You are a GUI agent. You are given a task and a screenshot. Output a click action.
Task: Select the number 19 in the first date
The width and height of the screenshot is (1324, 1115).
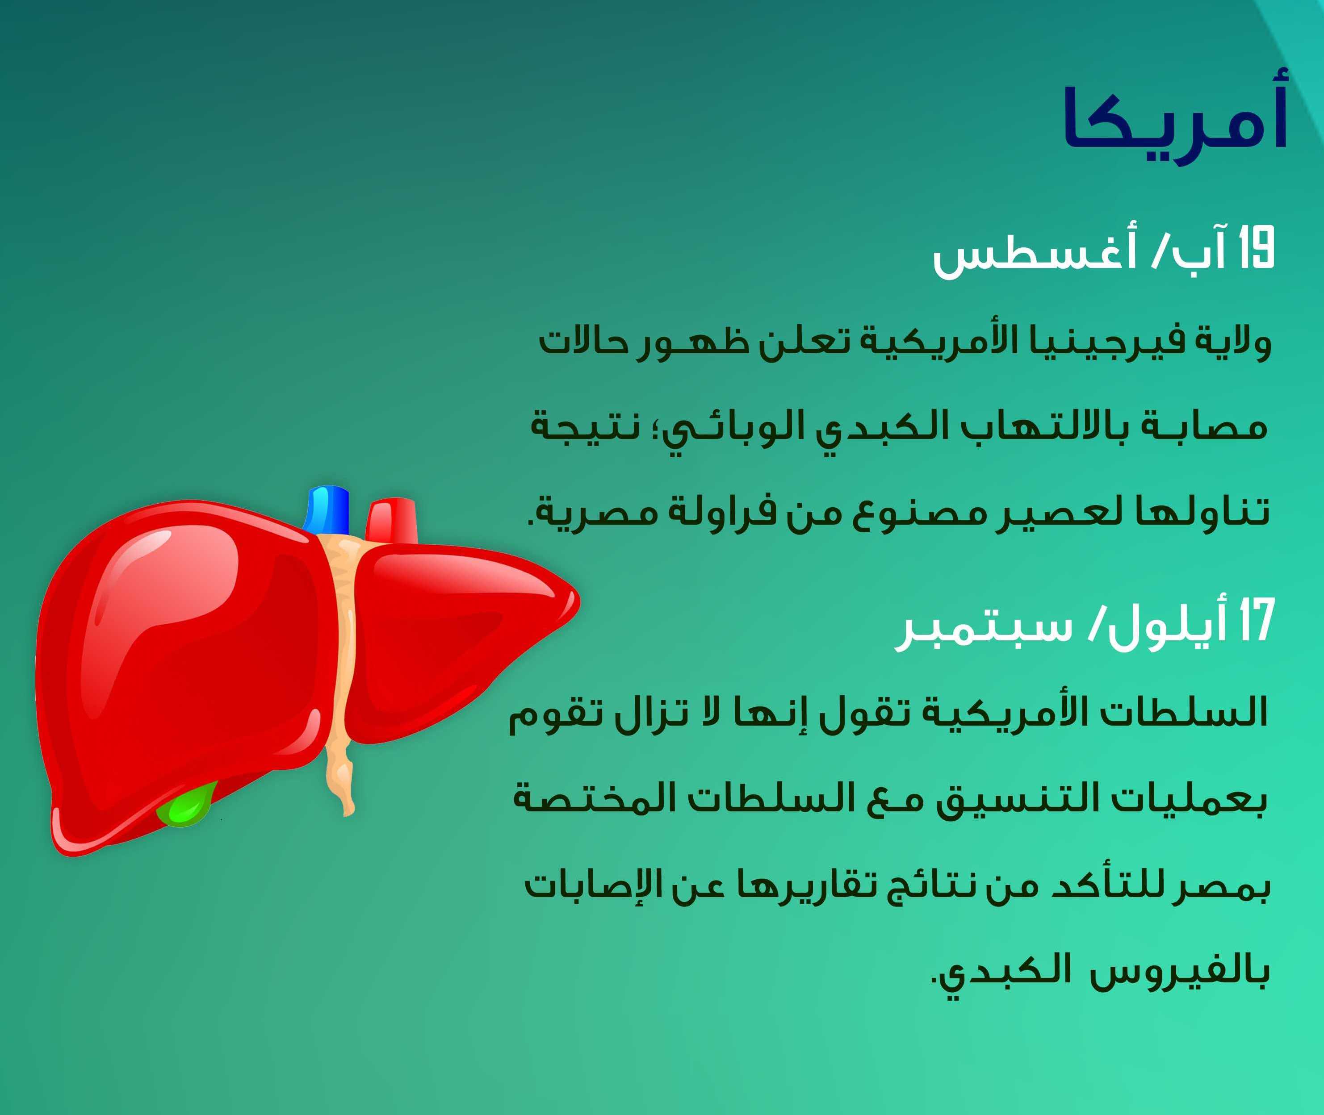pos(1255,248)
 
